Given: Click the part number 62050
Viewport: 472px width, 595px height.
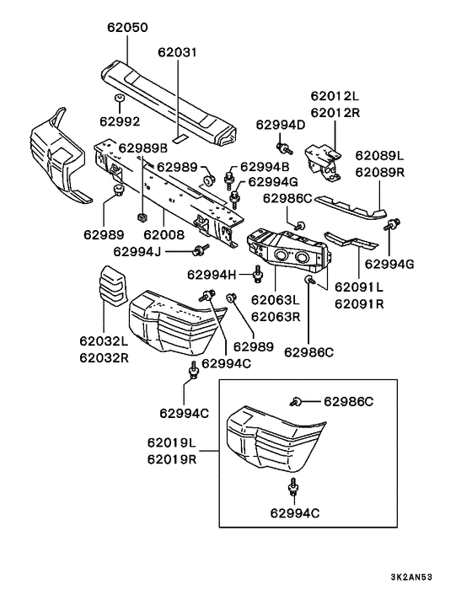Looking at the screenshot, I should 127,27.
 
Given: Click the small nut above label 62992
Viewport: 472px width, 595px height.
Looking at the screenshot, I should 121,100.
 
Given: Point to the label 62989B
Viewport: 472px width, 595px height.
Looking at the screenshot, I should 142,148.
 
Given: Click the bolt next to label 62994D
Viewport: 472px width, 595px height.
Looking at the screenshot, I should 287,150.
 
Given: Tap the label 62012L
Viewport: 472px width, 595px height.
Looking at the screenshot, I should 334,97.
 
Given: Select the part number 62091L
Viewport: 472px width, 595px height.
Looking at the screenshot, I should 360,287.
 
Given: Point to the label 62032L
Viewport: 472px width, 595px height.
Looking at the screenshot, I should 104,341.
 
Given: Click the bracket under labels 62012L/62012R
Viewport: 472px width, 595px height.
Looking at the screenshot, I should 324,160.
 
